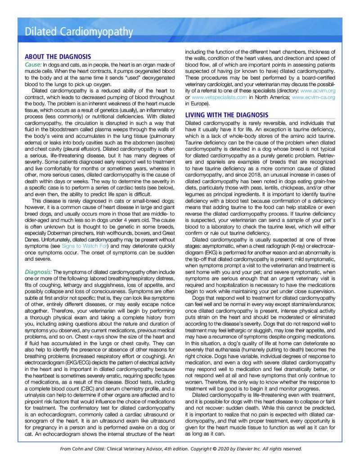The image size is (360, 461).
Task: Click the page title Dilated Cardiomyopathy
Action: (79, 32)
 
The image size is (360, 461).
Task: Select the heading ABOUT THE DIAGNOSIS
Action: (58, 57)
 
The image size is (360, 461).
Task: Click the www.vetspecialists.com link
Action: (220, 97)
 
